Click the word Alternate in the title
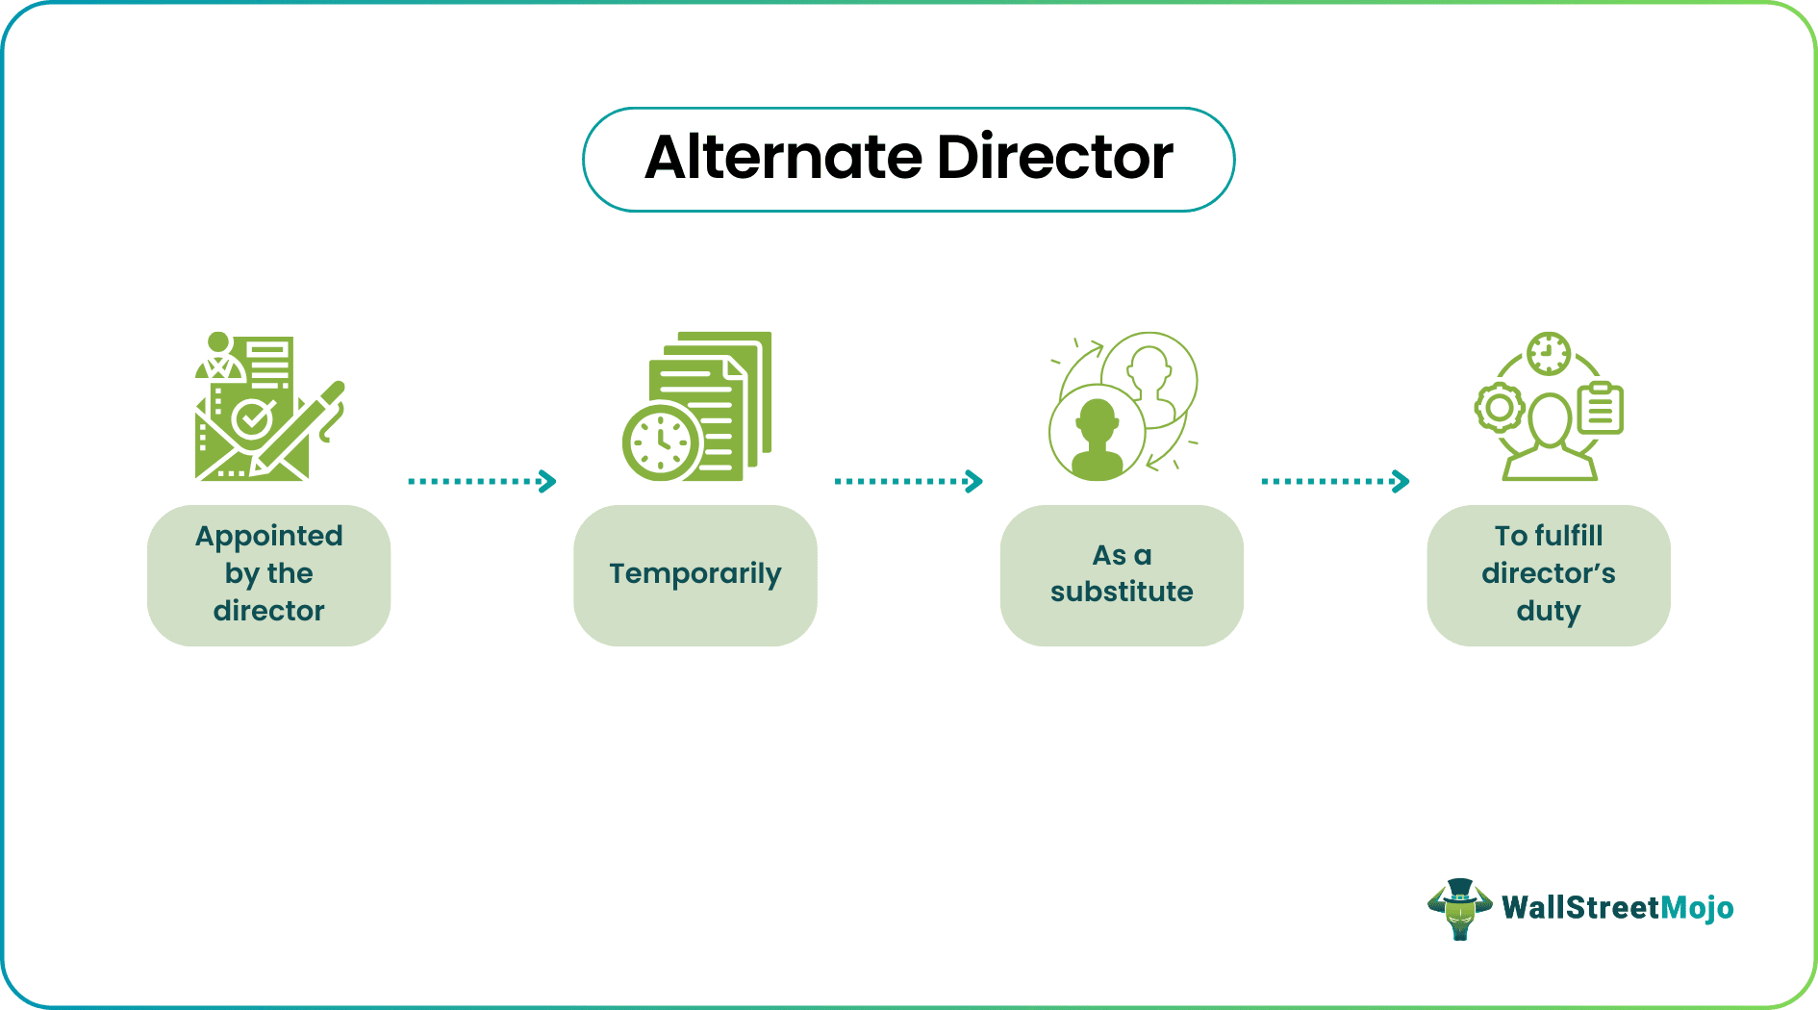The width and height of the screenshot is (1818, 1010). [x=783, y=158]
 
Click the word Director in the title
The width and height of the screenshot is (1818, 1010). [x=1054, y=158]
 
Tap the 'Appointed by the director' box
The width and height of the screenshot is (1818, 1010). [x=268, y=574]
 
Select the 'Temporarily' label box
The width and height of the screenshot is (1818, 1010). [x=694, y=574]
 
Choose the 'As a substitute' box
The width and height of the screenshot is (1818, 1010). [x=1122, y=574]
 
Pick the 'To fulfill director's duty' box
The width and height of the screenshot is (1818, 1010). [x=1548, y=574]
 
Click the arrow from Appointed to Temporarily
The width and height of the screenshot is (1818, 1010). [x=482, y=481]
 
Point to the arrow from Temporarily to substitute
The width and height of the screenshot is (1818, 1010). [x=908, y=481]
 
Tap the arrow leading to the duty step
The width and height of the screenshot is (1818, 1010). [x=1335, y=481]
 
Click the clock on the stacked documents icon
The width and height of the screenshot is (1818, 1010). [x=662, y=443]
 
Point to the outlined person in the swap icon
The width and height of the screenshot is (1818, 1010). [x=1150, y=375]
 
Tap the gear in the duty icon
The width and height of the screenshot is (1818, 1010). [x=1499, y=407]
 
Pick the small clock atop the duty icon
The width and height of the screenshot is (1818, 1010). [x=1549, y=354]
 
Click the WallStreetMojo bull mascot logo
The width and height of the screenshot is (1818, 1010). [x=1459, y=908]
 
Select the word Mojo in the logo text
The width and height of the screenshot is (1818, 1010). [x=1697, y=908]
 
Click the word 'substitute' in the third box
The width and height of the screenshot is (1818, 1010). [x=1122, y=592]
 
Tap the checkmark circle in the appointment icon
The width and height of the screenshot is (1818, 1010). [x=252, y=418]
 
